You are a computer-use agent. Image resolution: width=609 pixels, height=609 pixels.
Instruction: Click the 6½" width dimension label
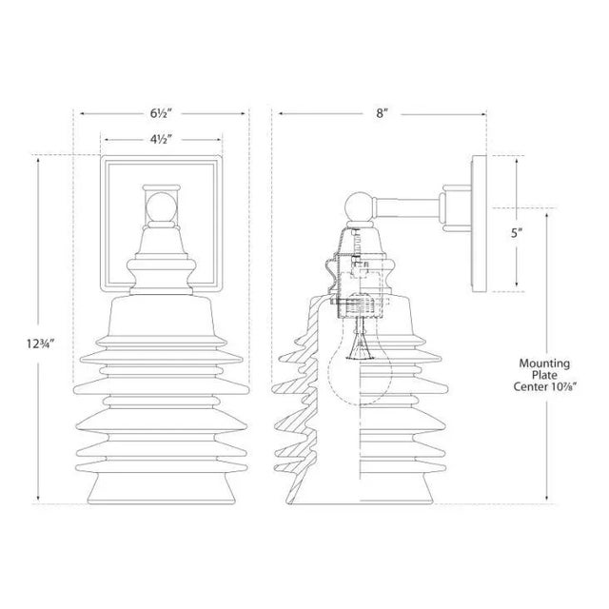162,112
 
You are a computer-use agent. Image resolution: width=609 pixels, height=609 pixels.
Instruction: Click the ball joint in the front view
161,206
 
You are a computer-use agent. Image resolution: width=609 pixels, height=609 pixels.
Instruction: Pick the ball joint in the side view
358,206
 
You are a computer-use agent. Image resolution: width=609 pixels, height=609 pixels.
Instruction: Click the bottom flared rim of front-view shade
162,491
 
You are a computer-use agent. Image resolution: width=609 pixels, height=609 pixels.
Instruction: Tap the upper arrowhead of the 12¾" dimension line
37,159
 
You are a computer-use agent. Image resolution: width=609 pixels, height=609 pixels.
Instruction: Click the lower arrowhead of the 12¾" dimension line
37,499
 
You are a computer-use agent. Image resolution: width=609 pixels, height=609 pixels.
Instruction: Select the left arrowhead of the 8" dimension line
280,113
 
